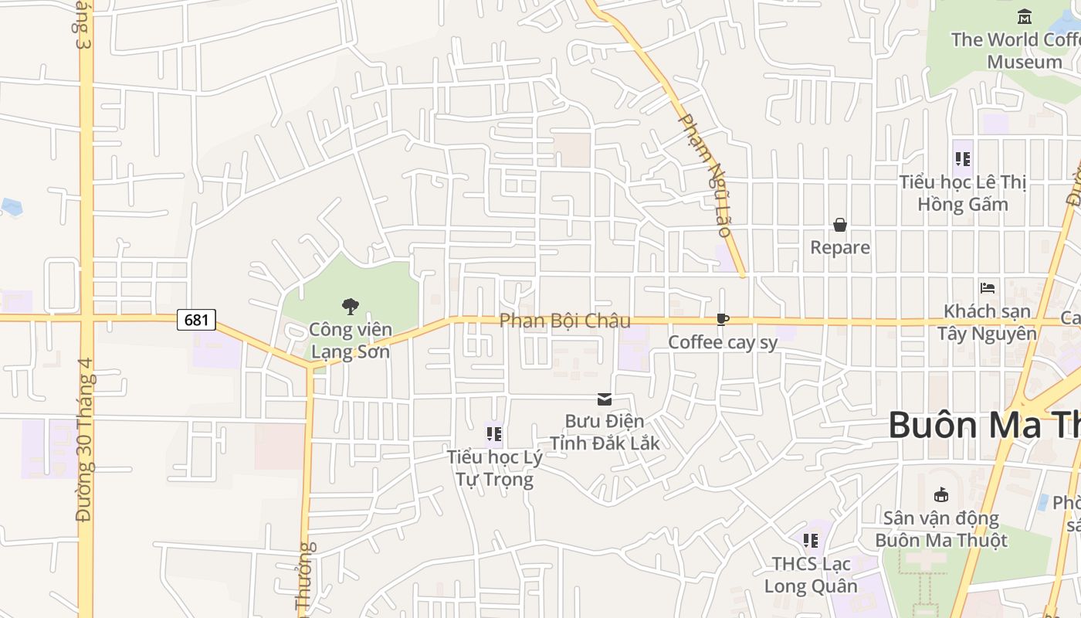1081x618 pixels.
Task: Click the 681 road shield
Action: pos(196,319)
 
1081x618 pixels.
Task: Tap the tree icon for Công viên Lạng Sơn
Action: pos(351,307)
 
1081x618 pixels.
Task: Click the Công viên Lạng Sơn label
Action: pos(350,341)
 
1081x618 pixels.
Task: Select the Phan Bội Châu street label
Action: pos(564,321)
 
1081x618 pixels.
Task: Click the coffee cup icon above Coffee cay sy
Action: pos(722,319)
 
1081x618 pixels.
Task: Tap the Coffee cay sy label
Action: pos(723,342)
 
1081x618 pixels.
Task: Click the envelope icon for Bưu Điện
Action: pos(605,399)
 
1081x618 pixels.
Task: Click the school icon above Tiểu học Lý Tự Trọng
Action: pos(494,434)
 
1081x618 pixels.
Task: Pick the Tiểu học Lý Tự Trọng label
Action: pos(494,468)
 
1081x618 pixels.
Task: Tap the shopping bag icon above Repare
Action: pos(840,225)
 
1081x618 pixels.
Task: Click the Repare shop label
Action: pos(840,247)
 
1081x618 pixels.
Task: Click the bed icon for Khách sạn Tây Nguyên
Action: pos(987,288)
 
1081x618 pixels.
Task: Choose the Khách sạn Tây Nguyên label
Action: pos(987,322)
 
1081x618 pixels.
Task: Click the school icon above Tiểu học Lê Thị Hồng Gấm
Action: pos(962,159)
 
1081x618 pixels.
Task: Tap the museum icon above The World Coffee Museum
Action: pos(1025,16)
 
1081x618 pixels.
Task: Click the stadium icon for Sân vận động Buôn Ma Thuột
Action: pos(940,494)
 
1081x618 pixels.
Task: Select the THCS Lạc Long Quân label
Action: pos(811,575)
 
